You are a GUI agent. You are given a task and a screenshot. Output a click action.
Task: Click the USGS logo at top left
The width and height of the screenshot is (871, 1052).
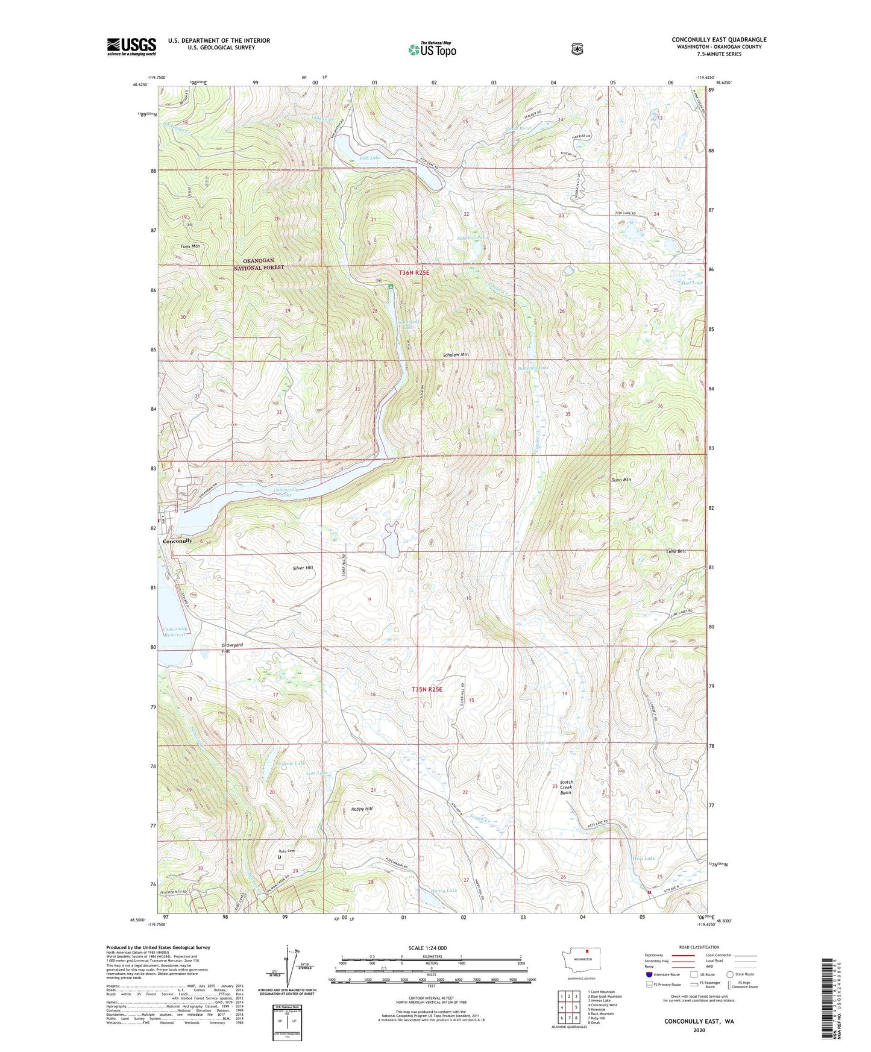click(x=131, y=46)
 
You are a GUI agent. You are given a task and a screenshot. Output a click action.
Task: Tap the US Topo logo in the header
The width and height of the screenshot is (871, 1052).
click(x=432, y=50)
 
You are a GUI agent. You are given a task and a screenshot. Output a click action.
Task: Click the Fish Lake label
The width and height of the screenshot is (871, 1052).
click(x=369, y=158)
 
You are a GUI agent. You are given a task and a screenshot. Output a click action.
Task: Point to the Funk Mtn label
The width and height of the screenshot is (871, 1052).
click(x=189, y=246)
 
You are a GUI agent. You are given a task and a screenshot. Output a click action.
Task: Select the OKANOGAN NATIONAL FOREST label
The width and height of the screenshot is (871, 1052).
click(x=259, y=264)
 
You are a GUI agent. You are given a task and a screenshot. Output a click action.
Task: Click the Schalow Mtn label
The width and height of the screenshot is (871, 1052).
click(x=456, y=355)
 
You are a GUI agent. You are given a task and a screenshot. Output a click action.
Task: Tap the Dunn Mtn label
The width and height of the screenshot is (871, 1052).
click(x=620, y=480)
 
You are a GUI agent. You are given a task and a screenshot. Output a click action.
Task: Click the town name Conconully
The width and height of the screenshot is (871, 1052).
click(x=177, y=540)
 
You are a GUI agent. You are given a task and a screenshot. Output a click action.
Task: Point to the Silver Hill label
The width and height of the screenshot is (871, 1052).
click(x=303, y=568)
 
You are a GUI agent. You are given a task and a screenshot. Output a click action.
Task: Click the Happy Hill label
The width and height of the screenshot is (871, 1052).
click(x=362, y=809)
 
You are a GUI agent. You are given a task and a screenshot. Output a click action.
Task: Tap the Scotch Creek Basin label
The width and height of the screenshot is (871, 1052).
click(x=565, y=787)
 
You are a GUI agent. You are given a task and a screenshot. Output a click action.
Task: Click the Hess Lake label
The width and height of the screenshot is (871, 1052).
click(x=643, y=858)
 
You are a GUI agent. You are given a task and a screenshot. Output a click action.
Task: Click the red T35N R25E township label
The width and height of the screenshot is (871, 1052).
click(x=427, y=689)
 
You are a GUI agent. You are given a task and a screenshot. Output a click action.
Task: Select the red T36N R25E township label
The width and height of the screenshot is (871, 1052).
click(x=413, y=273)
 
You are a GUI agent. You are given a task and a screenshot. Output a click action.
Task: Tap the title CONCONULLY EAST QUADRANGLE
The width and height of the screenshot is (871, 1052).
click(x=719, y=40)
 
